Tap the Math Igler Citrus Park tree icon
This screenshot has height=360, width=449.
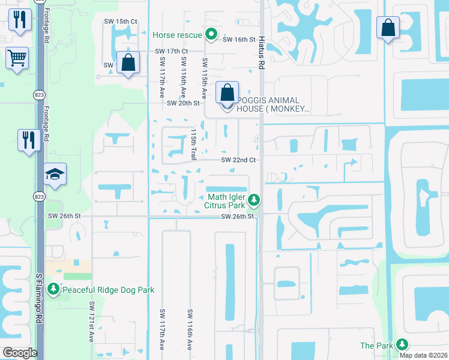click(x=255, y=199)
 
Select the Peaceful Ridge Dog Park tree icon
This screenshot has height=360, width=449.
click(x=54, y=290)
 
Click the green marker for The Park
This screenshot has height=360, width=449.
click(x=401, y=344)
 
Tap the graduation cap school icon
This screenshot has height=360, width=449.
click(x=55, y=175)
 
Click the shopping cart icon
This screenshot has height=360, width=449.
click(x=17, y=59)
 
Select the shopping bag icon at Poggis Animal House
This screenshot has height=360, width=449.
click(x=227, y=94)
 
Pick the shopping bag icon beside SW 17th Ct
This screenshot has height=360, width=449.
click(x=128, y=62)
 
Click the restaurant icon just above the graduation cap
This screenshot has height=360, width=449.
click(x=29, y=140)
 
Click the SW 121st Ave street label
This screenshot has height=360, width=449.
click(x=92, y=322)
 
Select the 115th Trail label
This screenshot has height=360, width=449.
click(x=193, y=144)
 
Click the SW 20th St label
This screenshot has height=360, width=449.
click(x=183, y=103)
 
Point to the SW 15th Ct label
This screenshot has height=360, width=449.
click(x=121, y=22)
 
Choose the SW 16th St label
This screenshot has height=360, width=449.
click(x=239, y=40)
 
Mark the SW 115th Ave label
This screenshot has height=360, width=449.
click(x=205, y=79)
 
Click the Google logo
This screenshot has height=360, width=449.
click(x=20, y=353)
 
